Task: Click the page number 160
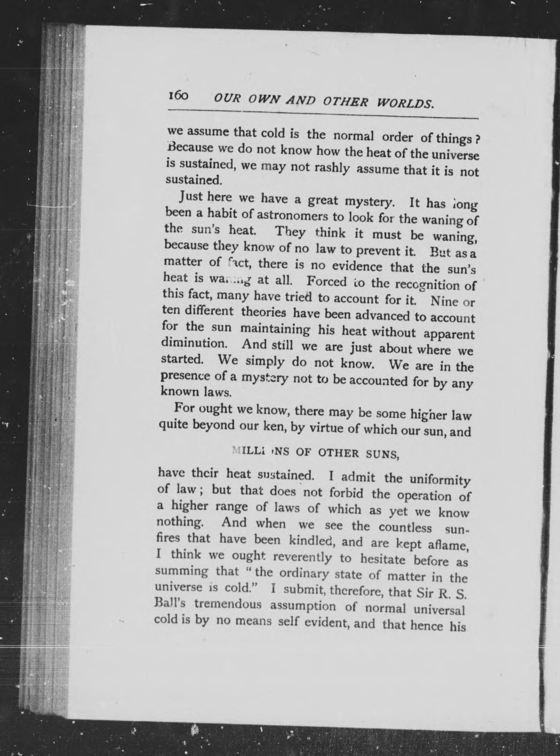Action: tap(179, 96)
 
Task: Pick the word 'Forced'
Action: tap(326, 282)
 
